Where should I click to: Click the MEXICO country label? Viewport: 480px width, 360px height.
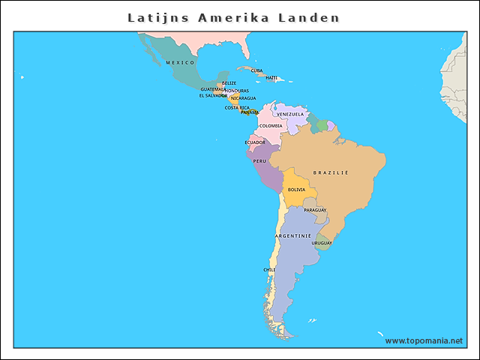180,62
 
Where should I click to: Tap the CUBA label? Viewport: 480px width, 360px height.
256,70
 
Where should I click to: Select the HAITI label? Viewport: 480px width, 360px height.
271,77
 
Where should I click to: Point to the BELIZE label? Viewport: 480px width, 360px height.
229,83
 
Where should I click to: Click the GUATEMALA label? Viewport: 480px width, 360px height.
213,89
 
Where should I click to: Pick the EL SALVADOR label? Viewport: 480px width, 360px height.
213,95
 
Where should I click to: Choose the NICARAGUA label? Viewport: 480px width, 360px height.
243,98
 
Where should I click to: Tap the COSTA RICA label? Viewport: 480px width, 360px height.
237,107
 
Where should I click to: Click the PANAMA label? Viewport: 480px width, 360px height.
250,112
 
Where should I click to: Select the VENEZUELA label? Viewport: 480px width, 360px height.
290,114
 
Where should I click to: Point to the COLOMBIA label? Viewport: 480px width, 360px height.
271,125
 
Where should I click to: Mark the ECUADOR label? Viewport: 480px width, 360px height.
255,142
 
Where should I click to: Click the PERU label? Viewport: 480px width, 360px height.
259,160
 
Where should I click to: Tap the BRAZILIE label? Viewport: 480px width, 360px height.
331,172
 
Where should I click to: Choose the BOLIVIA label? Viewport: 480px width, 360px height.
296,190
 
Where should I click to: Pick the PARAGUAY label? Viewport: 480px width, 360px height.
315,210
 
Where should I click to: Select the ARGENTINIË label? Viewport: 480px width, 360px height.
293,235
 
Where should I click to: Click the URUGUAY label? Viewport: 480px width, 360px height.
322,243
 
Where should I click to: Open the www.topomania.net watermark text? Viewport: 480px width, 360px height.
424,340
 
